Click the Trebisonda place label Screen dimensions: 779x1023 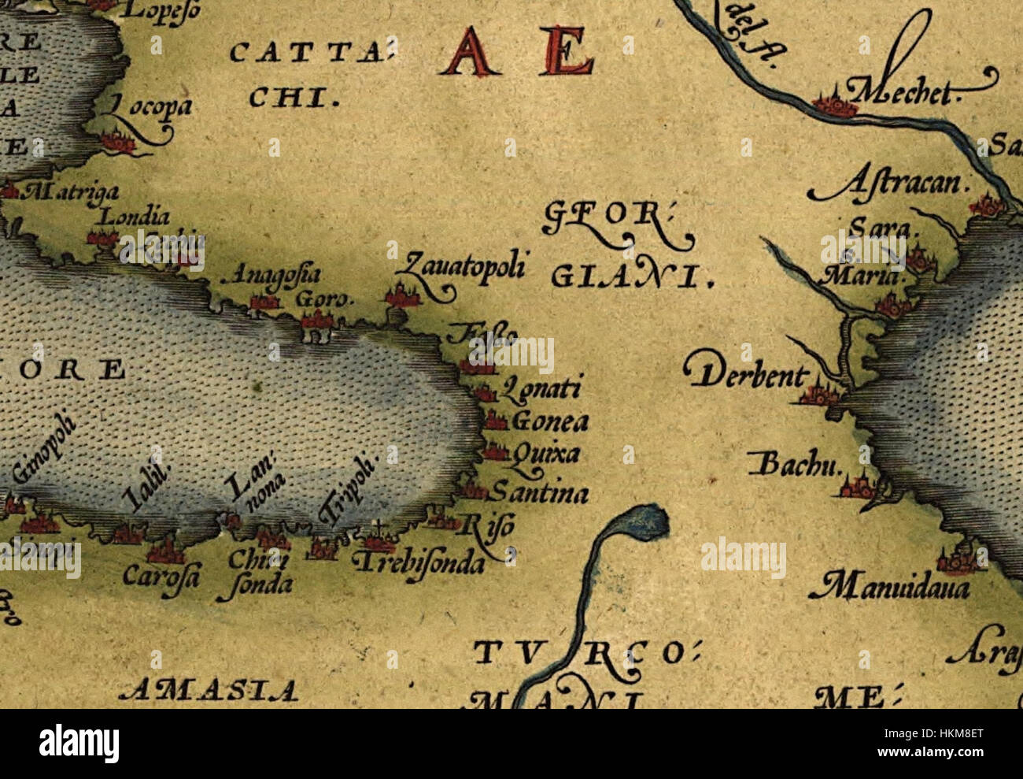coord(417,563)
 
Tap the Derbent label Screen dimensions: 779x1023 coord(744,376)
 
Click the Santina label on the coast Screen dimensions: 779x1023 coord(538,495)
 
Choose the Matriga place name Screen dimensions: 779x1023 coord(73,191)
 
